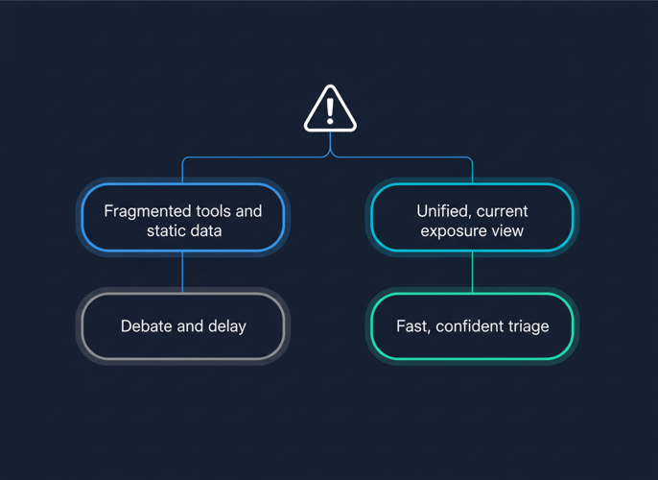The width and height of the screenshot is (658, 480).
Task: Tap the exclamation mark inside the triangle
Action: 330,109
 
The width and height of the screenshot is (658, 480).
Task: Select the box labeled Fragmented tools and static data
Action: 182,219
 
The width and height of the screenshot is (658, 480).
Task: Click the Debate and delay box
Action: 182,326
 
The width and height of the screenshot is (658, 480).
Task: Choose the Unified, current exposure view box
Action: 472,219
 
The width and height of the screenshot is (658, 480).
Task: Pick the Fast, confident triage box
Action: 472,326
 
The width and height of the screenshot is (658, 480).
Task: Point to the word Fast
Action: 412,326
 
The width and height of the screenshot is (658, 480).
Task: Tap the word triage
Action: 528,326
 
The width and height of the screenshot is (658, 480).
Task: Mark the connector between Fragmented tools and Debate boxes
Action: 182,272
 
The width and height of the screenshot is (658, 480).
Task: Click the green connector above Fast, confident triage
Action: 472,272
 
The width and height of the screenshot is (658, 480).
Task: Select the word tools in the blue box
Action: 214,210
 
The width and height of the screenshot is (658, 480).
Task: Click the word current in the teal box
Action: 502,210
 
